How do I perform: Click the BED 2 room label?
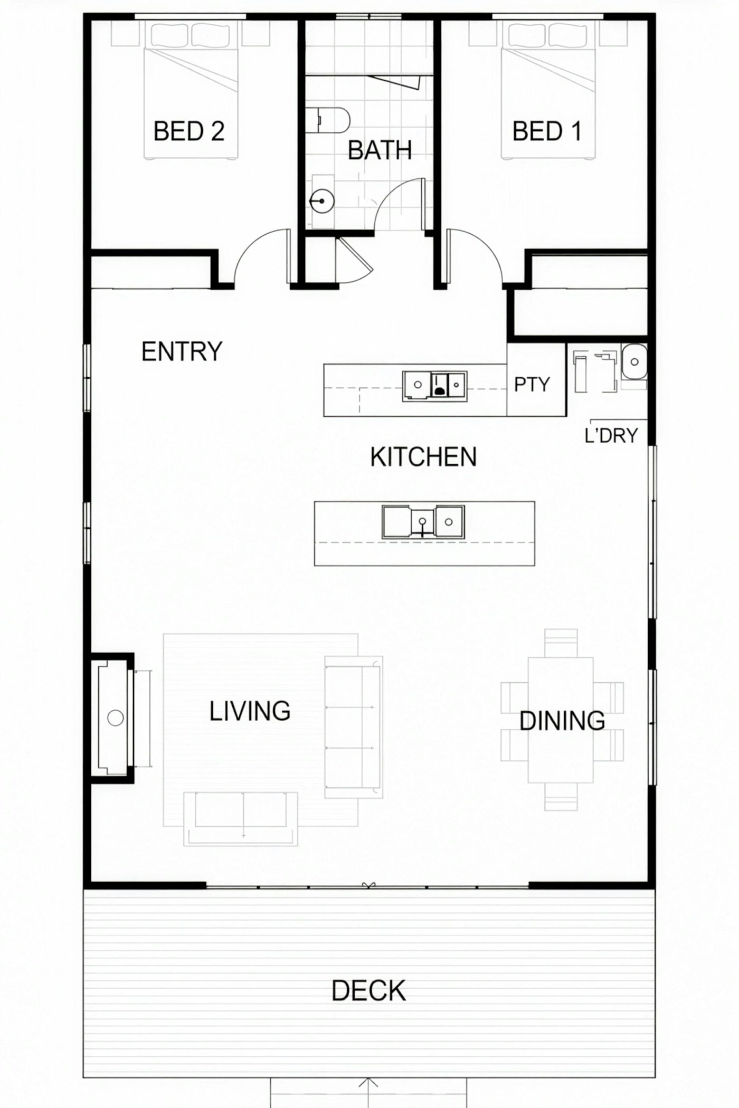pyautogui.click(x=189, y=131)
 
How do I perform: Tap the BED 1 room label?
pyautogui.click(x=547, y=131)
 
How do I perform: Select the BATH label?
pyautogui.click(x=380, y=150)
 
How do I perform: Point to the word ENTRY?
pyautogui.click(x=182, y=351)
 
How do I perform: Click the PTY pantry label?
pyautogui.click(x=532, y=385)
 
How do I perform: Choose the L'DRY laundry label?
pyautogui.click(x=611, y=435)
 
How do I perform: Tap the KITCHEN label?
pyautogui.click(x=423, y=457)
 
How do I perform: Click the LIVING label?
pyautogui.click(x=250, y=711)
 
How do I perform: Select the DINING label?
pyautogui.click(x=562, y=721)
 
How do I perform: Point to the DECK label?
pyautogui.click(x=368, y=991)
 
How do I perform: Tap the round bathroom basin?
pyautogui.click(x=321, y=201)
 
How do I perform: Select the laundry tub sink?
pyautogui.click(x=634, y=362)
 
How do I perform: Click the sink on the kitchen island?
pyautogui.click(x=423, y=522)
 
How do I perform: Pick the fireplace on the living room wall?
pyautogui.click(x=112, y=718)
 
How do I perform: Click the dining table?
pyautogui.click(x=561, y=720)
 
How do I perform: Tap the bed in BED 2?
pyautogui.click(x=191, y=90)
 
